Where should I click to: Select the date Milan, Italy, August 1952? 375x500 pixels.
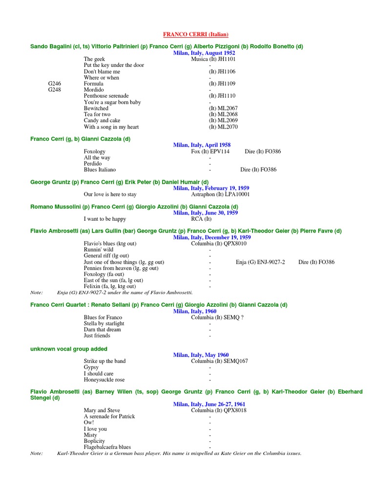[x=205, y=53]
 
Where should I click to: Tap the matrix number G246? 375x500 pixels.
[x=55, y=84]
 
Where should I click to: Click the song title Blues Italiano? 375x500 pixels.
[x=100, y=170]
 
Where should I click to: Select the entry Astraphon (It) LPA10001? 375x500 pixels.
[x=220, y=194]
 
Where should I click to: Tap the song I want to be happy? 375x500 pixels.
[x=105, y=219]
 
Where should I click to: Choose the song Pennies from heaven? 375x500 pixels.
[x=121, y=268]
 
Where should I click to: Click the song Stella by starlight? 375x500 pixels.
[x=104, y=323]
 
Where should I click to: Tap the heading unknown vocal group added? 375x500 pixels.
[x=69, y=349]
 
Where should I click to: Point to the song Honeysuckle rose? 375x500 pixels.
[x=104, y=379]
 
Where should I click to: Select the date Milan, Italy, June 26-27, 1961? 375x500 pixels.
[x=209, y=404]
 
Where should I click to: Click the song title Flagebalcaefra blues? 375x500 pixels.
[x=107, y=447]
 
